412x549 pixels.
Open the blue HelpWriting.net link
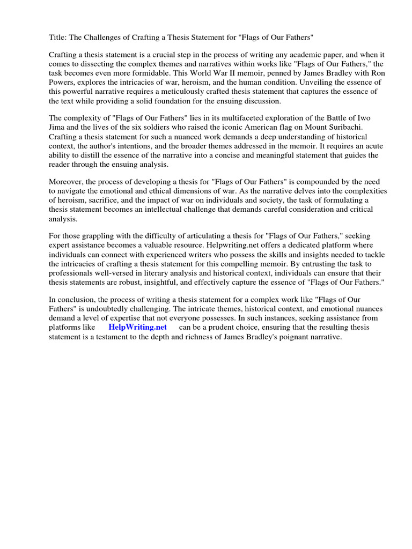138,327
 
